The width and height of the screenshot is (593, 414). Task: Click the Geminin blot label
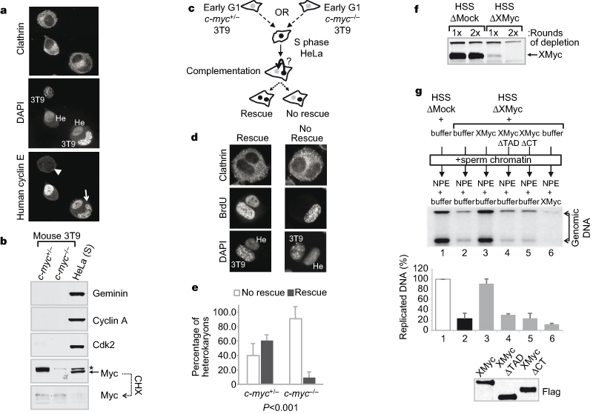click(x=110, y=293)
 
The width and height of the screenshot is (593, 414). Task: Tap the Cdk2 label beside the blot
click(x=104, y=345)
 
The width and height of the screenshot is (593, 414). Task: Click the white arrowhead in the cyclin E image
click(x=58, y=172)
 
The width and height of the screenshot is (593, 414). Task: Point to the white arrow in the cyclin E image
click(x=87, y=195)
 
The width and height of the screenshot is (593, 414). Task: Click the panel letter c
click(x=192, y=8)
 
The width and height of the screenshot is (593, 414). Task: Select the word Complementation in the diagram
click(x=223, y=71)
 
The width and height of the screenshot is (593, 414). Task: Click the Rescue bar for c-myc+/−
click(x=268, y=363)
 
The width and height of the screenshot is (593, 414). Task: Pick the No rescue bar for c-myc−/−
click(x=296, y=351)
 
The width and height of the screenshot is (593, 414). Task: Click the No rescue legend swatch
click(x=237, y=293)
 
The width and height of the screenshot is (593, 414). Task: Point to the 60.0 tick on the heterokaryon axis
click(x=225, y=341)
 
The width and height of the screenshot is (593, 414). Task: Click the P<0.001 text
click(x=280, y=407)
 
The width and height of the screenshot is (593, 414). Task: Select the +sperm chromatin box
click(x=495, y=160)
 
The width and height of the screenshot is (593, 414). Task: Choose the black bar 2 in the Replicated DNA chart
click(x=464, y=324)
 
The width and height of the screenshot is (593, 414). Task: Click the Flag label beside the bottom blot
click(x=551, y=392)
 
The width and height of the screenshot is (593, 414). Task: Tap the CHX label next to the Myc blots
click(x=138, y=385)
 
